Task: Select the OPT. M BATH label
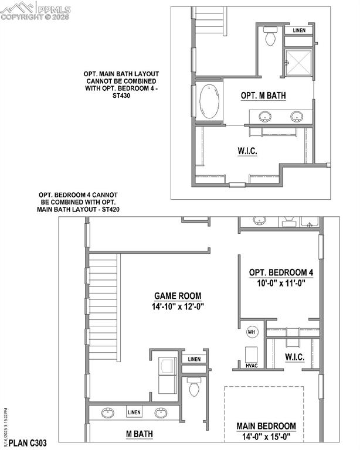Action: (263, 96)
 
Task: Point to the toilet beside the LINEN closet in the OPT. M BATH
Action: (270, 37)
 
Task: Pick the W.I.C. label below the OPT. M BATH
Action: (247, 151)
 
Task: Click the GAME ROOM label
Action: (179, 296)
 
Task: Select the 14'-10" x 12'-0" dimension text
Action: (179, 306)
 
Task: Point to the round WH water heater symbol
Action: (252, 332)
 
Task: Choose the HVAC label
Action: (253, 366)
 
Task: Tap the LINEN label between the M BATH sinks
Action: (134, 412)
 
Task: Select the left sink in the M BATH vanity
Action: (107, 414)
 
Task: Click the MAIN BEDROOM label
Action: (266, 426)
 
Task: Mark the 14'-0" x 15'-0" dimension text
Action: (266, 436)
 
